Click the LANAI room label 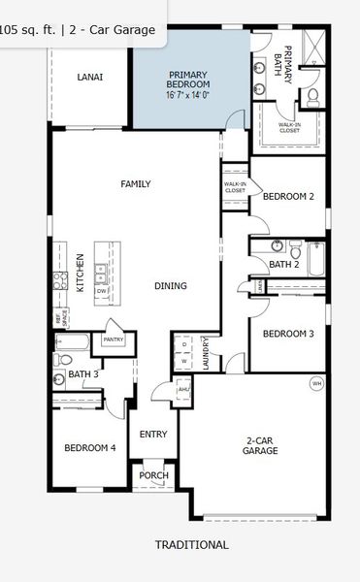89,77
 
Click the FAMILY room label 136,183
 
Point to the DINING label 171,285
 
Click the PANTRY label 114,339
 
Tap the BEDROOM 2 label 289,196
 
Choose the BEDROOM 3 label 288,334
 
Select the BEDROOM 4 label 90,447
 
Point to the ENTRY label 153,434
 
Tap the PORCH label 153,475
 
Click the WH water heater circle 315,384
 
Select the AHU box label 184,389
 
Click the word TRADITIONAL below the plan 192,545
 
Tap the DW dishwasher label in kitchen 100,290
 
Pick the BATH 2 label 282,264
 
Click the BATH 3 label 83,373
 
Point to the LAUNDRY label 207,352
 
